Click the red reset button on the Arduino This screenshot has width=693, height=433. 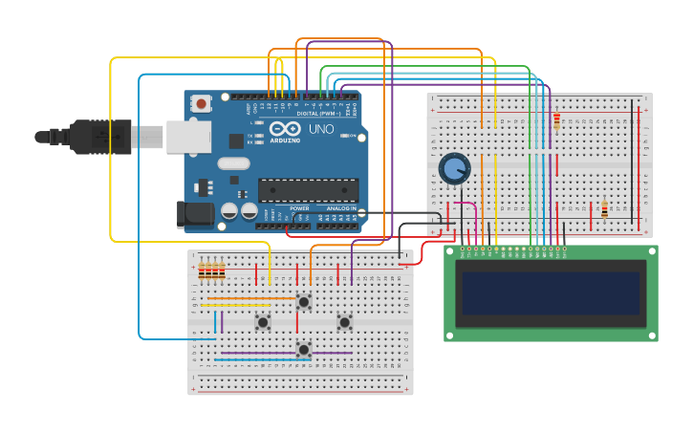click(x=201, y=103)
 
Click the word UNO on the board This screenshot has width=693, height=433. click(x=317, y=129)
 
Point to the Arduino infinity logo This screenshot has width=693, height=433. click(x=284, y=129)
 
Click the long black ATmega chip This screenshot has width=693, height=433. click(x=308, y=189)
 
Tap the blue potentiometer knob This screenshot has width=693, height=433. click(x=454, y=169)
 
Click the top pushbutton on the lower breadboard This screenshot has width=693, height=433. click(x=304, y=302)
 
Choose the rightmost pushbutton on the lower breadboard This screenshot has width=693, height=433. click(x=344, y=323)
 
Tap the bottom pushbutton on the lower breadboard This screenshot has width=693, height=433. click(x=304, y=349)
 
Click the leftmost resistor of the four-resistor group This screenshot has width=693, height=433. click(x=202, y=272)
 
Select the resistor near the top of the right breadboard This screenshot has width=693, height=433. click(x=556, y=120)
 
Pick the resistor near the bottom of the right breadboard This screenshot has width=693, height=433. click(x=604, y=208)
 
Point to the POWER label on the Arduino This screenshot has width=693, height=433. click(x=299, y=207)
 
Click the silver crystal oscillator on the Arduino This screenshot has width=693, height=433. click(x=233, y=163)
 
